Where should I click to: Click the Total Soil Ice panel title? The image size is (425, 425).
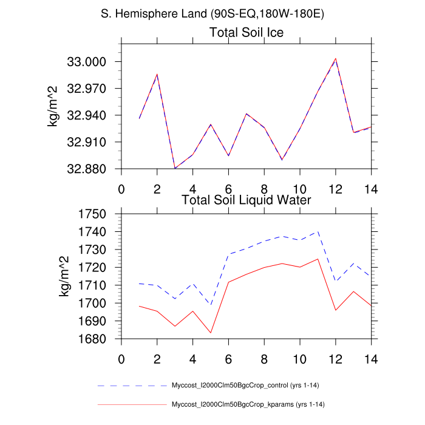pos(246,32)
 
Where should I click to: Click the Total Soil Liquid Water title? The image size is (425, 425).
pos(246,199)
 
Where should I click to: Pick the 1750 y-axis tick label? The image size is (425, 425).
pos(98,214)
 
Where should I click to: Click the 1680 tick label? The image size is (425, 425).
pos(98,339)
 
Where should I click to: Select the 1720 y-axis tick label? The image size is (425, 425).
pos(98,268)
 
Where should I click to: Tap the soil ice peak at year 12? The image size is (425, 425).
pos(335,59)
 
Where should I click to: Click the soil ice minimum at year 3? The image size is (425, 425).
pos(175,168)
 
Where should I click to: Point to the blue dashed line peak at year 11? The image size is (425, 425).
pos(318,231)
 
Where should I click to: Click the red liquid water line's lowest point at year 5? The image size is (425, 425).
pos(211,333)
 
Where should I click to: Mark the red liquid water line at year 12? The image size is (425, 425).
pos(335,310)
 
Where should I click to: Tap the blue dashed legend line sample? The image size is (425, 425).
pos(131,386)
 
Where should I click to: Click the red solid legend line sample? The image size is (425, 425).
pos(131,404)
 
